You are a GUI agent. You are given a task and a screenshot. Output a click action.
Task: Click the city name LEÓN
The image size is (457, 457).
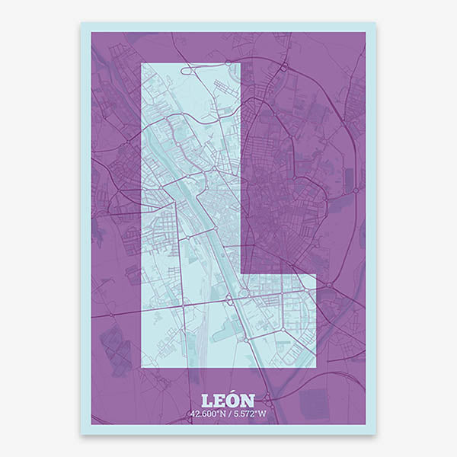(228, 400)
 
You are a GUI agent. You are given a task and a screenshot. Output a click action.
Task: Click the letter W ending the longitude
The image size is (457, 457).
(264, 414)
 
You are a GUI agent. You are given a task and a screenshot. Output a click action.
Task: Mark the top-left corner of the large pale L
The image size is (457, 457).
(142, 62)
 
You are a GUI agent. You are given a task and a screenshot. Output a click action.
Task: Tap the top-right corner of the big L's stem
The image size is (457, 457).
(241, 62)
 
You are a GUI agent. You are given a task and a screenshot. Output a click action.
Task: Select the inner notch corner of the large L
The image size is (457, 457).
(241, 273)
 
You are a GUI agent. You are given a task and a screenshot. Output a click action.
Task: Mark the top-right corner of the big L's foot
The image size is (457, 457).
(315, 273)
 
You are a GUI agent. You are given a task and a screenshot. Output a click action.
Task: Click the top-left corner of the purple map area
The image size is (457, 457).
(91, 32)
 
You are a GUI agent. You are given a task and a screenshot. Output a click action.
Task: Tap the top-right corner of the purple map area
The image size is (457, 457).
(366, 32)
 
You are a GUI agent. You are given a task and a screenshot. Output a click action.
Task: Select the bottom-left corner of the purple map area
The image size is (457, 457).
(91, 424)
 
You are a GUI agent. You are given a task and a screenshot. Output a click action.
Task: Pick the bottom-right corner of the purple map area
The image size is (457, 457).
(366, 424)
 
